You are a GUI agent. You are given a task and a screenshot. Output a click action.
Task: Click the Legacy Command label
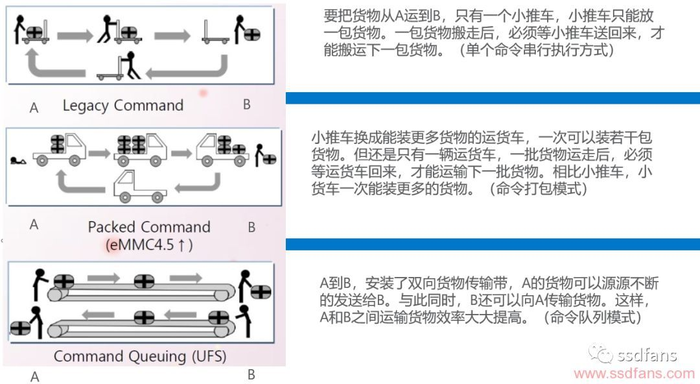[x=123, y=106]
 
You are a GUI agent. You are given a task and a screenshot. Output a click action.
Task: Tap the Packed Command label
[x=149, y=227]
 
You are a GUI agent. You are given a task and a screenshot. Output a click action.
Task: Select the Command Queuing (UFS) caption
[x=140, y=356]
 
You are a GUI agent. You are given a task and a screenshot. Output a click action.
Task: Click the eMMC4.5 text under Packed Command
[x=149, y=245]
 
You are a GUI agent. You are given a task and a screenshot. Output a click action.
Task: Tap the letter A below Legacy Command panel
[x=34, y=108]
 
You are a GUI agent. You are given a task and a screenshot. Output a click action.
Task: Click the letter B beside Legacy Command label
[x=246, y=104]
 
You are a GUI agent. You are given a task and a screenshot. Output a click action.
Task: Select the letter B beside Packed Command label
[x=251, y=227]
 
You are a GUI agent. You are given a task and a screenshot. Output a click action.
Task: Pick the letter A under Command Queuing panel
[x=34, y=377]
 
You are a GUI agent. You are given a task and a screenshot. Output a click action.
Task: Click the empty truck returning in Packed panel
[x=139, y=186]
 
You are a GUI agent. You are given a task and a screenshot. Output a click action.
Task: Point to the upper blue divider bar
[x=493, y=98]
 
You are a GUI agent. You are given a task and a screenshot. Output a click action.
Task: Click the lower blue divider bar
[x=493, y=244]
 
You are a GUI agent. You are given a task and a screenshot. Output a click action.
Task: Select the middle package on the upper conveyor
[x=144, y=282]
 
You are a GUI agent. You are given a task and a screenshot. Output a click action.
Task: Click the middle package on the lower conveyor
[x=144, y=317]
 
